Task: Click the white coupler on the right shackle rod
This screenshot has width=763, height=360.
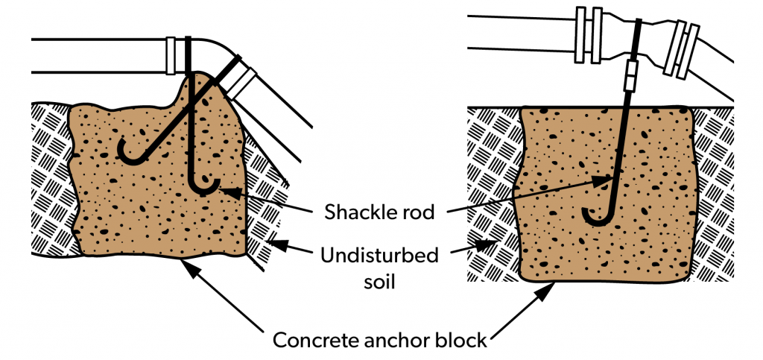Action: point(631,75)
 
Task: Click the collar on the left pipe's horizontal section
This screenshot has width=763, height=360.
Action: point(173,56)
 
